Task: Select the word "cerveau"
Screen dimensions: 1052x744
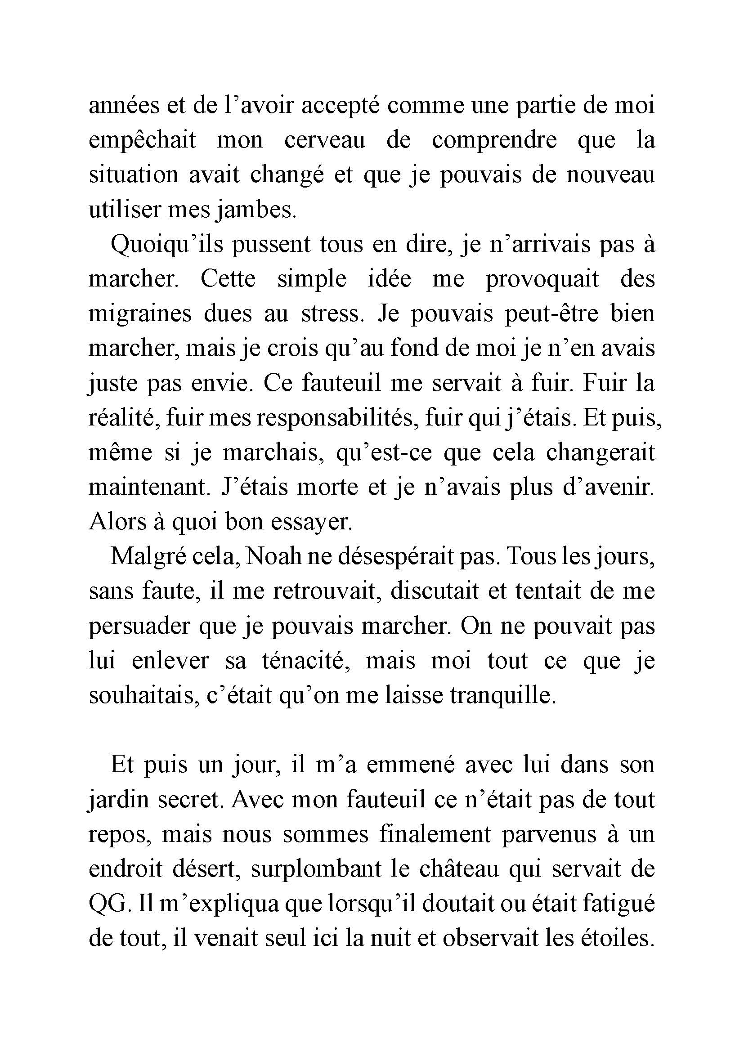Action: click(325, 140)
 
